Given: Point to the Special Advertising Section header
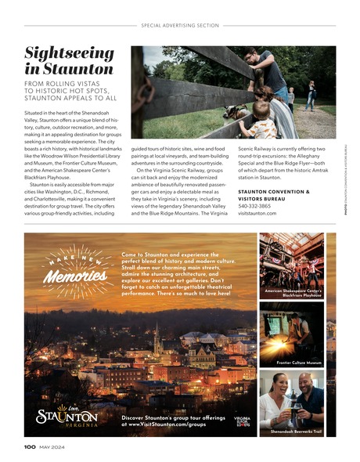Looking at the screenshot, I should pyautogui.click(x=179, y=25).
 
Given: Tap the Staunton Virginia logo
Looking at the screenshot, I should pyautogui.click(x=67, y=416).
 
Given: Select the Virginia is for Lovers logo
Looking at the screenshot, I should pyautogui.click(x=241, y=420).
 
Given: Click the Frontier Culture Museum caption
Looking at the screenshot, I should pyautogui.click(x=298, y=363).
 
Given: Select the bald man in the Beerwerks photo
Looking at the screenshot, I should pyautogui.click(x=311, y=400).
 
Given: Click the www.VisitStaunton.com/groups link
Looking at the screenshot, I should pyautogui.click(x=165, y=424).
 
